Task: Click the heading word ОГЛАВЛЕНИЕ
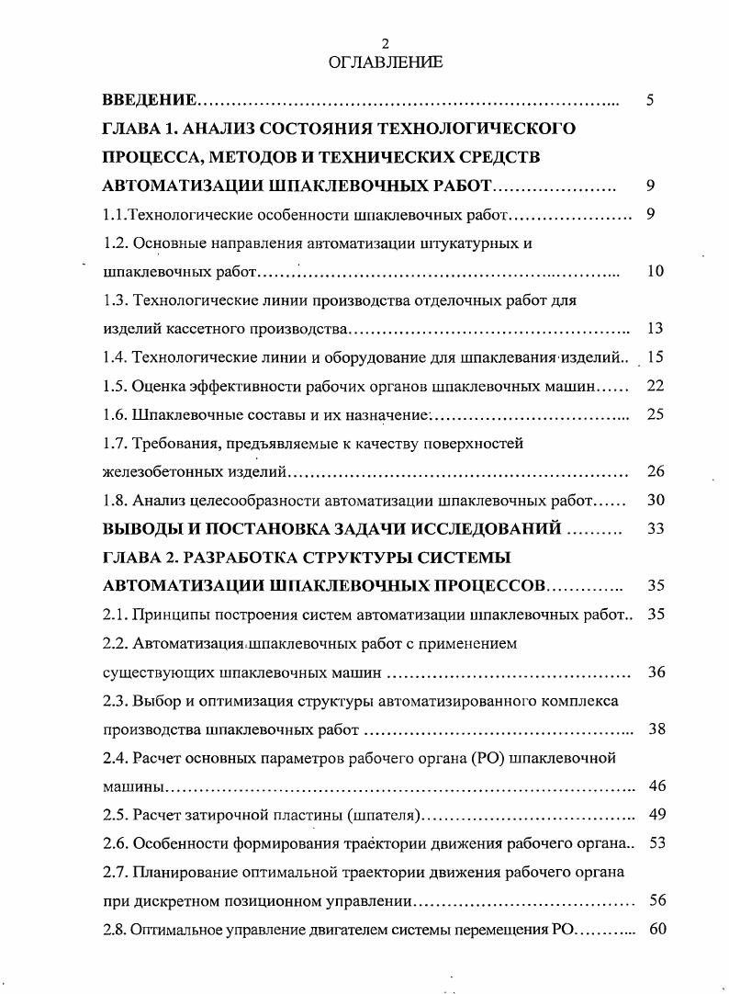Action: pos(386,62)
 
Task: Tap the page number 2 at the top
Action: pos(386,44)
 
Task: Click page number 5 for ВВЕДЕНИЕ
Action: pos(650,99)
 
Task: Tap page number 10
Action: pos(655,271)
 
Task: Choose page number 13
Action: pos(655,328)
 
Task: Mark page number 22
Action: pos(655,386)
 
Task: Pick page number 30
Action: pos(655,501)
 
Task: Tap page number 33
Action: pos(655,528)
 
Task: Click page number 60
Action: pos(656,929)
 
